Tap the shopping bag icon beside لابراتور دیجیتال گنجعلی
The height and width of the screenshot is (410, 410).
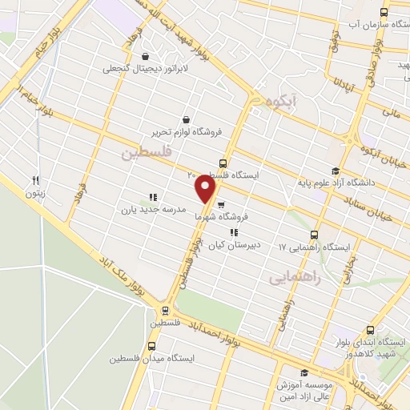click(x=146, y=56)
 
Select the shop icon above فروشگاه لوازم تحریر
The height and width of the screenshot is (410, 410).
click(x=186, y=119)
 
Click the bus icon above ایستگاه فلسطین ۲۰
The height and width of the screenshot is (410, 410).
click(x=223, y=163)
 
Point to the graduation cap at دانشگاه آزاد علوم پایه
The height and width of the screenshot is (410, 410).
click(x=336, y=170)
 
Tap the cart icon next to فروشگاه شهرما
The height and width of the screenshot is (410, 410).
click(x=220, y=204)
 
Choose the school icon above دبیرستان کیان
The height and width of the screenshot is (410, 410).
click(x=233, y=233)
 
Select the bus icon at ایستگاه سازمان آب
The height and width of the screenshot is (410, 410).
click(x=384, y=12)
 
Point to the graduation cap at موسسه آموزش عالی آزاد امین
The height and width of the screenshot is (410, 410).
click(x=303, y=373)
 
